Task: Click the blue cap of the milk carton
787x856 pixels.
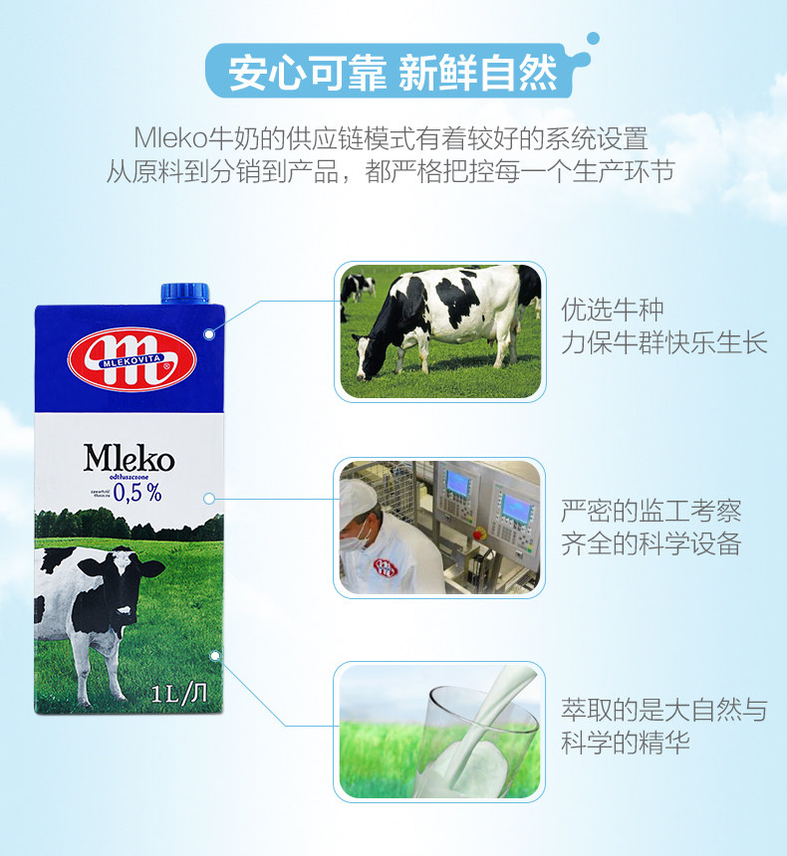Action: [x=186, y=292]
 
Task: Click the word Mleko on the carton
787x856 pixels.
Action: [x=129, y=459]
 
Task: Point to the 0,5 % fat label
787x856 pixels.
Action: [x=136, y=493]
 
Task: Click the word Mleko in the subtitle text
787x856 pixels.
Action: [x=171, y=136]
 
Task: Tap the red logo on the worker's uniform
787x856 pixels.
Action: [x=386, y=567]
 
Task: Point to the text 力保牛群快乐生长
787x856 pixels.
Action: [x=663, y=343]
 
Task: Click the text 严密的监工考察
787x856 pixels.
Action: [x=651, y=512]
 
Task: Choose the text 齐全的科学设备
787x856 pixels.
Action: [x=651, y=544]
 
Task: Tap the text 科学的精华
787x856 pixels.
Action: [x=625, y=743]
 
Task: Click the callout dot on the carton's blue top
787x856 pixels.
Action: [x=209, y=334]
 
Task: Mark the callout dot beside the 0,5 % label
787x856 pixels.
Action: [x=209, y=498]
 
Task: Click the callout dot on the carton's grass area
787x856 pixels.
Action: [x=214, y=655]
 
